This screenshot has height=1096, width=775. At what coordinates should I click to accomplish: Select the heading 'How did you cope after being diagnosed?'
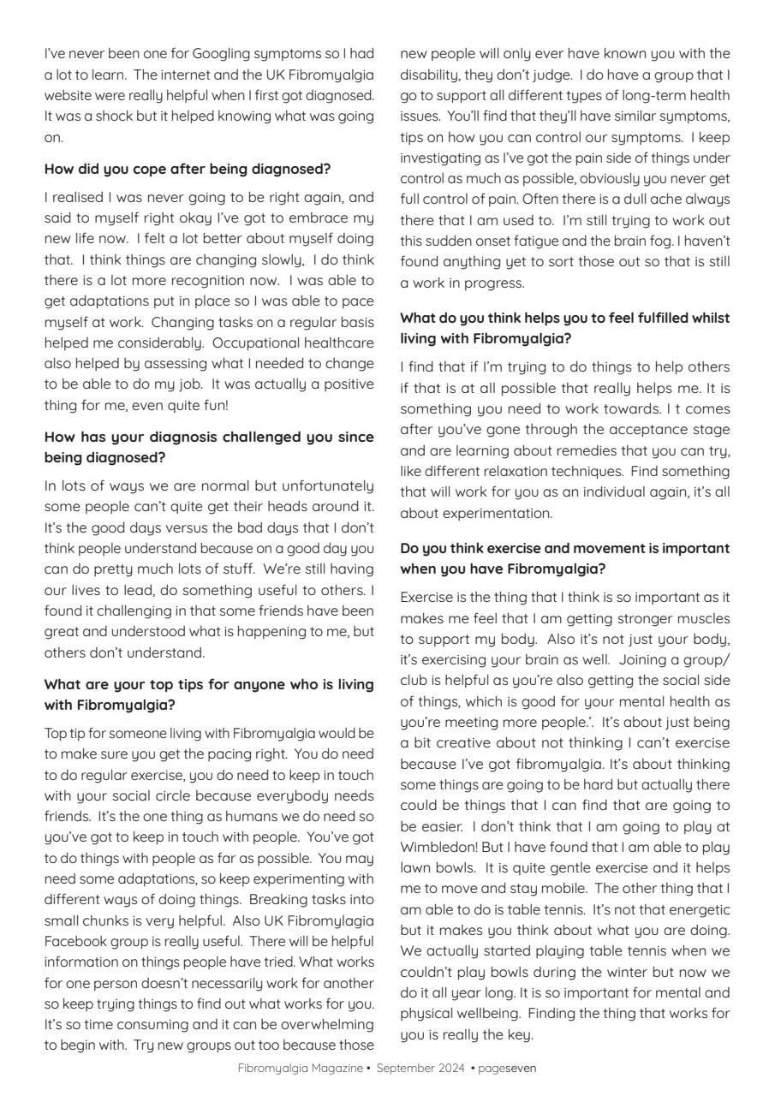point(188,169)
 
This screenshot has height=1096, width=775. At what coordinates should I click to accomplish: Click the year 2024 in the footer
point(450,1069)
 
